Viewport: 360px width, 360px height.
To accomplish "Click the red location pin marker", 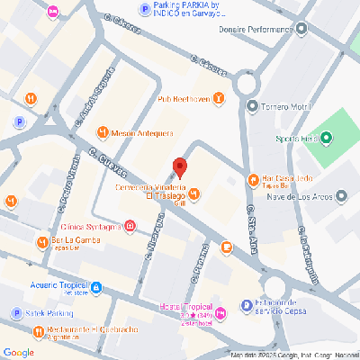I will tap(179, 168).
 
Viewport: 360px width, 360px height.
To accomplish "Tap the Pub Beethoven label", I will tap(184, 98).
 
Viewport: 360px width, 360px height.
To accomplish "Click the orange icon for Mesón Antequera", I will tap(102, 132).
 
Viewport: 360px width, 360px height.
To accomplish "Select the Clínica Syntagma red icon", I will tap(131, 225).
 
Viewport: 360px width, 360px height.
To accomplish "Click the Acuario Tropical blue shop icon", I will tap(96, 288).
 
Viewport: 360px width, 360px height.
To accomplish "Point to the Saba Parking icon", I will tap(16, 313).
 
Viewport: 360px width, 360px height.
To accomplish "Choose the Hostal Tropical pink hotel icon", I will tap(220, 311).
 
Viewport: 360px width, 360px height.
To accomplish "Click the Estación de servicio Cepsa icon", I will tap(247, 306).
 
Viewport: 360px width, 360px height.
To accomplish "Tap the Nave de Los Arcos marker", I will tap(341, 195).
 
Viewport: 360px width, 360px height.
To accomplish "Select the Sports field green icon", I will tap(326, 139).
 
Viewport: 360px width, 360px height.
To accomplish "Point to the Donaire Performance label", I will tap(257, 29).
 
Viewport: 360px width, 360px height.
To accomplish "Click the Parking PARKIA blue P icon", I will tap(144, 9).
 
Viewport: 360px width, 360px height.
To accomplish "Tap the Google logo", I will tap(19, 351).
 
